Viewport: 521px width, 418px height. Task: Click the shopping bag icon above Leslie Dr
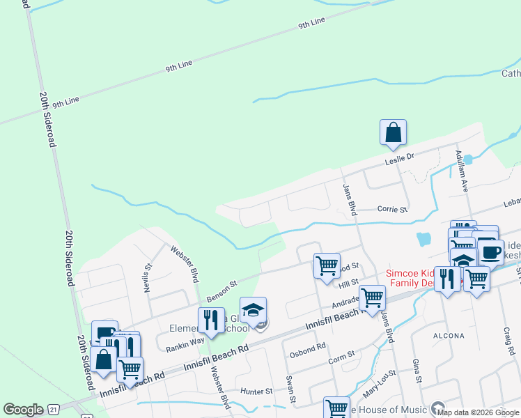tap(393, 132)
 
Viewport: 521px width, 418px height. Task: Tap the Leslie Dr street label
tap(400, 160)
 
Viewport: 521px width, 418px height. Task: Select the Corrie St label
tap(391, 208)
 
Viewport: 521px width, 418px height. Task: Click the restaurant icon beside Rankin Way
tap(210, 320)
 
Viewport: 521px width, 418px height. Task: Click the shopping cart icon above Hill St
tap(327, 266)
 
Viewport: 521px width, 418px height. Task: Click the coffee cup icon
tap(490, 251)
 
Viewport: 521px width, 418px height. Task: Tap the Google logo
tap(23, 410)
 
